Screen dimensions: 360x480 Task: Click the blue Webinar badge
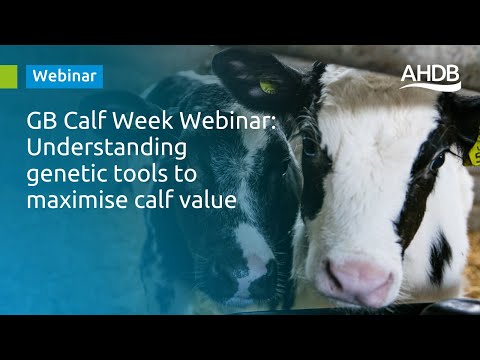click(66, 75)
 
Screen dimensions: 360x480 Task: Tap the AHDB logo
click(430, 76)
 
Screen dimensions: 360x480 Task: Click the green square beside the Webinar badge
click(8, 75)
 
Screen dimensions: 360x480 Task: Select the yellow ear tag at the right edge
click(475, 152)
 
